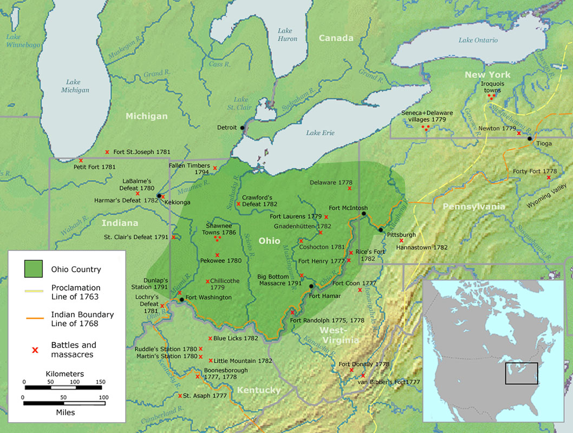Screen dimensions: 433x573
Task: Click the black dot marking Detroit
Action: coord(242,128)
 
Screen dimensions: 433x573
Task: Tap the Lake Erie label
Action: coord(320,133)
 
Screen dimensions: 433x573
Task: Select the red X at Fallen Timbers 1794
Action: coord(215,168)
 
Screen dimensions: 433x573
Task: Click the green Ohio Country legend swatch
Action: coord(34,268)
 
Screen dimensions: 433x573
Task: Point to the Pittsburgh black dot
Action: coord(381,229)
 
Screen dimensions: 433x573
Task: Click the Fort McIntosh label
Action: coord(348,208)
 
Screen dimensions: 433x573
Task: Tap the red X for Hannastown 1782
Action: coord(401,240)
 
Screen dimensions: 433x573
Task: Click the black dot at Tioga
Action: coord(530,139)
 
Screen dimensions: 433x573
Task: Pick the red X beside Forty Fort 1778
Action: coord(549,178)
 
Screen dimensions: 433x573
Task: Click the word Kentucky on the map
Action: coord(258,390)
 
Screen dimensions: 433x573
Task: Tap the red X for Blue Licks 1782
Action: coord(210,338)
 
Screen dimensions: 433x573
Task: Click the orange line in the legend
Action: coord(34,319)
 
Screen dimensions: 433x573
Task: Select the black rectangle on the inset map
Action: coord(522,373)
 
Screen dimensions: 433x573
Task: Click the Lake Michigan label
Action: coord(74,86)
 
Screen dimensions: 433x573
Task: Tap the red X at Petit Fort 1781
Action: coord(81,161)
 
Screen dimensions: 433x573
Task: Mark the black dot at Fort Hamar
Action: coord(311,286)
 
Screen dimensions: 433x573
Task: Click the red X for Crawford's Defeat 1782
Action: coord(238,204)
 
